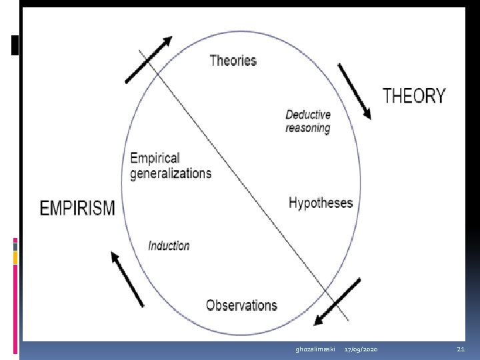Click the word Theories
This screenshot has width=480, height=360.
click(233, 60)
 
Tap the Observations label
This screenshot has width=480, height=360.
click(241, 305)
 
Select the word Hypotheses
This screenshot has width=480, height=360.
click(321, 203)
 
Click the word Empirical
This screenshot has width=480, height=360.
click(155, 158)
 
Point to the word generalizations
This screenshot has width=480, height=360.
click(171, 173)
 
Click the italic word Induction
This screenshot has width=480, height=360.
click(169, 245)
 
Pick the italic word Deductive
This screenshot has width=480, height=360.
click(308, 115)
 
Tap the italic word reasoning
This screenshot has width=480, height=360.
click(308, 128)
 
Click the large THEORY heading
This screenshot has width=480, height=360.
click(414, 95)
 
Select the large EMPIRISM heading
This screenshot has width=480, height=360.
click(77, 208)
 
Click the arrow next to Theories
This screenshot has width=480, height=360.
click(149, 60)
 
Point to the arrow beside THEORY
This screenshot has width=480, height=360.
click(355, 91)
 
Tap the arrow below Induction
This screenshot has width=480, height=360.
click(127, 279)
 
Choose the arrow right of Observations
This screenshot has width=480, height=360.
click(337, 302)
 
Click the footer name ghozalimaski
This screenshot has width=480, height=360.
click(315, 349)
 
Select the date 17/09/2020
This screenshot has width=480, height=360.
click(361, 349)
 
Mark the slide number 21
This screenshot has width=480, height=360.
click(461, 349)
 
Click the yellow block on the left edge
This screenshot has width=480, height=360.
click(15, 258)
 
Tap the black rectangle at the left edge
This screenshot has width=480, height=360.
click(15, 45)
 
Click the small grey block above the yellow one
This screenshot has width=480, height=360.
click(15, 247)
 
